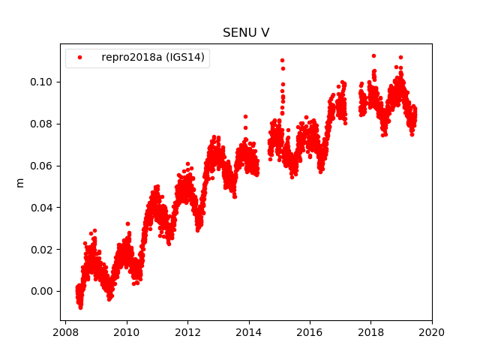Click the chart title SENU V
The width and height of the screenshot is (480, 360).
point(245,33)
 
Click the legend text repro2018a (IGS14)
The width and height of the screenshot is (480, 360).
point(154,58)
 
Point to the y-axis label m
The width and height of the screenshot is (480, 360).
point(20,182)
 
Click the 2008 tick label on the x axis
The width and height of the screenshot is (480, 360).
point(66,332)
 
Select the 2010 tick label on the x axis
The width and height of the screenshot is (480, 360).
point(127,332)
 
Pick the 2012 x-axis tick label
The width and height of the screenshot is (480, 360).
point(187,332)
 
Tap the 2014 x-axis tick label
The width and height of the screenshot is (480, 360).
point(248,332)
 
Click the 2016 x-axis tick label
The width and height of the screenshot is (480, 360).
point(310,332)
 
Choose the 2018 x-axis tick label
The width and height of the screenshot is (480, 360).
point(370,332)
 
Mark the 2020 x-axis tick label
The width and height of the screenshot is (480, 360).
point(431,332)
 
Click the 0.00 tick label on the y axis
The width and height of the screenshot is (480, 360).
point(43,291)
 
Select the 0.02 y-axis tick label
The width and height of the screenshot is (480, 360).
point(43,249)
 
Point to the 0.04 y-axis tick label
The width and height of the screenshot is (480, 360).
point(43,207)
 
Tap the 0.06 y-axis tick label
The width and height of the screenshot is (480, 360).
point(43,165)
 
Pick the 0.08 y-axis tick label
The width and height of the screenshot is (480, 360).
point(43,123)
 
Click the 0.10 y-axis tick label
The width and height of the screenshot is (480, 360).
point(43,81)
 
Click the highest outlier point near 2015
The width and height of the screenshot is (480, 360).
point(282,60)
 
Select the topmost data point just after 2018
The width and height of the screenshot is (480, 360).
point(373,55)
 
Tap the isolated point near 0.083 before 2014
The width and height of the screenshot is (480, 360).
point(245,116)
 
